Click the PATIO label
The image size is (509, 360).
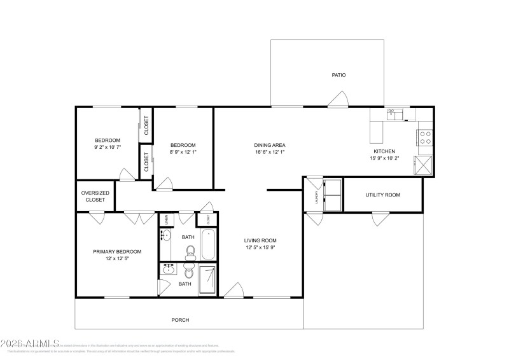pos(338,75)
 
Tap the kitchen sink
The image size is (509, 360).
pos(395,114)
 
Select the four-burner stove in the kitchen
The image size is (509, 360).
pos(424,138)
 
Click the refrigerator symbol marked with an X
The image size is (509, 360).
pos(424,165)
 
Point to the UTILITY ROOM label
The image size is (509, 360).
pos(382,195)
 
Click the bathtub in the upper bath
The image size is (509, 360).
pos(209,244)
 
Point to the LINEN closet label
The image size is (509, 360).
pos(165,219)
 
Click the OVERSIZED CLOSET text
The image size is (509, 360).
pos(95,197)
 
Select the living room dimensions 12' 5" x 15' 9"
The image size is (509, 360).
pos(260,248)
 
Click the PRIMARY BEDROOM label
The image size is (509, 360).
pos(117,252)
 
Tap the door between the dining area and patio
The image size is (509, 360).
pos(338,100)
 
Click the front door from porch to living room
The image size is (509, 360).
pos(234,291)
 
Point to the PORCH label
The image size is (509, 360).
pos(180,320)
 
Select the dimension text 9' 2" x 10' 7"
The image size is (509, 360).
pos(108,147)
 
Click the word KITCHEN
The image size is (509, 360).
pos(384,151)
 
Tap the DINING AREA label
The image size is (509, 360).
pos(268,145)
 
